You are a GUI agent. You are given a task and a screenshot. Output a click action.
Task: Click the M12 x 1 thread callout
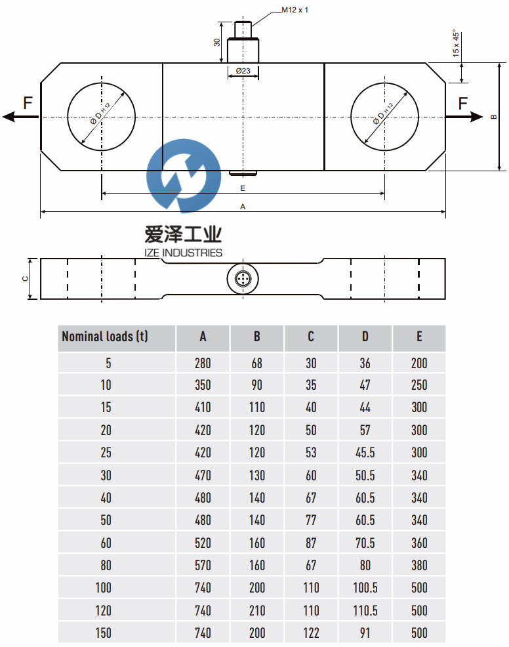(295, 10)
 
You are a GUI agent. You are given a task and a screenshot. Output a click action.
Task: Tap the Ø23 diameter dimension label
(243, 71)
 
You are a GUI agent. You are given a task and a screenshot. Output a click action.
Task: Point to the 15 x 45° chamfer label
(455, 43)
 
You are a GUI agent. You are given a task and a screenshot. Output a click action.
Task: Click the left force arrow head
(9, 117)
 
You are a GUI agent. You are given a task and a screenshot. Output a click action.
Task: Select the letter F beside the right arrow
(463, 103)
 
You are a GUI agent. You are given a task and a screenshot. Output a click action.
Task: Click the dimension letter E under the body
(243, 188)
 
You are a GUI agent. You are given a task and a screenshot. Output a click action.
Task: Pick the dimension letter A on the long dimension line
(243, 207)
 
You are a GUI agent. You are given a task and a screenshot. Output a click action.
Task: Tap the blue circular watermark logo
(184, 176)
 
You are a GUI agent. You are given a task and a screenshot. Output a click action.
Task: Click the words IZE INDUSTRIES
(183, 253)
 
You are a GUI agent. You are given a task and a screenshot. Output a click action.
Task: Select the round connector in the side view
(243, 278)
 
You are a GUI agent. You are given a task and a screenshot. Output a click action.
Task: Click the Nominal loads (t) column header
(105, 337)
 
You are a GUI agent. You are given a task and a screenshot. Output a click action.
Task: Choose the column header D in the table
(365, 337)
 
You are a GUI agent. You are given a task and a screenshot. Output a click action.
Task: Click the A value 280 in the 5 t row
(203, 363)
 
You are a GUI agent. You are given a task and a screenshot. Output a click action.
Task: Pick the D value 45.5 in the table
(365, 453)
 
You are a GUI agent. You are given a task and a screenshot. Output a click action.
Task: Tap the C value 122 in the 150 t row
(311, 633)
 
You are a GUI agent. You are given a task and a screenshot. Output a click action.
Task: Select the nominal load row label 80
(106, 565)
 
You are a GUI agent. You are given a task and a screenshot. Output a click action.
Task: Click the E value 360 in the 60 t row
(419, 543)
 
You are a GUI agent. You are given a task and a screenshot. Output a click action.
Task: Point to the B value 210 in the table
(257, 611)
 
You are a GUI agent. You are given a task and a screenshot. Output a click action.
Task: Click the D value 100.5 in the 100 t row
(365, 588)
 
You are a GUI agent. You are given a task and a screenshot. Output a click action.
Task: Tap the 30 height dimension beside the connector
(217, 42)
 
